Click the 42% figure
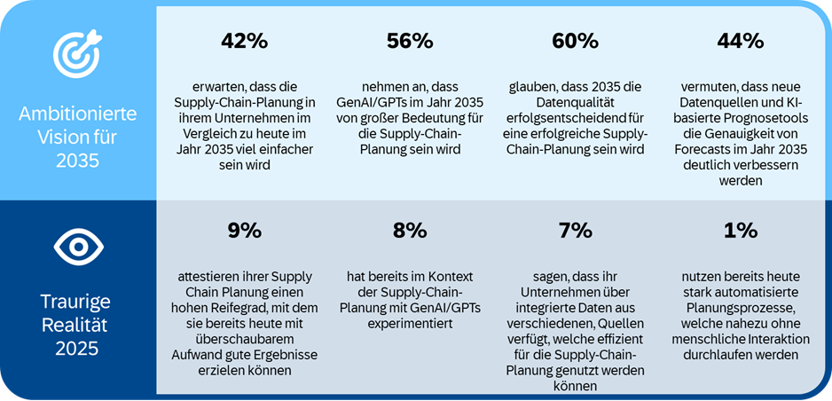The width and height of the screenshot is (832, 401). (244, 41)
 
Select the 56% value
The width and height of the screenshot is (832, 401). (410, 41)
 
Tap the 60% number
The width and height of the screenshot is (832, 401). (575, 41)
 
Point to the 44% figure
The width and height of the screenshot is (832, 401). (740, 41)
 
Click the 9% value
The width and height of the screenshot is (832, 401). (244, 231)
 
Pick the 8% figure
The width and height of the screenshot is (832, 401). (410, 231)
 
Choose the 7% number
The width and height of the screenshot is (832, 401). (575, 231)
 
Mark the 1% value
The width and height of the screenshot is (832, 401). (740, 231)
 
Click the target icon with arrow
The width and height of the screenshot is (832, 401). (78, 55)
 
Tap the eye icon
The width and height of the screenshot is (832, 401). (78, 248)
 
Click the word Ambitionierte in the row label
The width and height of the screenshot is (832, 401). (78, 114)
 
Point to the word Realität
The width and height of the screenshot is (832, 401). (78, 325)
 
